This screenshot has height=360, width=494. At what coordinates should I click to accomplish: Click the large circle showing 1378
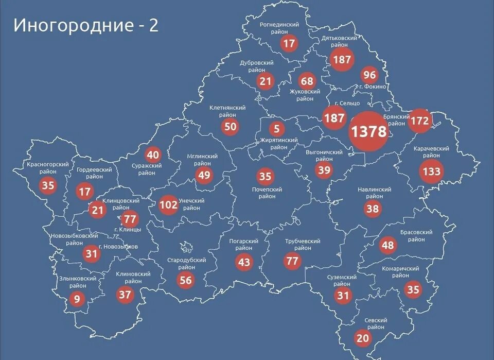(368, 131)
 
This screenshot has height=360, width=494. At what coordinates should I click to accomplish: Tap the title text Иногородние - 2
(86, 25)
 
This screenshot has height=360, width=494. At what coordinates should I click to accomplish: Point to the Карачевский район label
(431, 152)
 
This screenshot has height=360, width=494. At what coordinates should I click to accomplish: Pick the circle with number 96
(369, 75)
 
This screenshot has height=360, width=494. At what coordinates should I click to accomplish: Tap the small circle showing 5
(276, 128)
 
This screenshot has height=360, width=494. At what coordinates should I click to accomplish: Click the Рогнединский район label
(280, 28)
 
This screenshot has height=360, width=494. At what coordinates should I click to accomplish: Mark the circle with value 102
(168, 205)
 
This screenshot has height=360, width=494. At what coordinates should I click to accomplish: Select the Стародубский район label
(186, 264)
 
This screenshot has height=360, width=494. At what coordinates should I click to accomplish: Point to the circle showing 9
(77, 298)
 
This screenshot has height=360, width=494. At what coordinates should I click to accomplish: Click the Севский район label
(376, 323)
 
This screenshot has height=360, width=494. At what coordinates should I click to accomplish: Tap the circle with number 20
(362, 338)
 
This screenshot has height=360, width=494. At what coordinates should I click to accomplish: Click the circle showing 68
(307, 81)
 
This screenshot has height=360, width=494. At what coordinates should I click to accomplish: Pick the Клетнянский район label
(227, 111)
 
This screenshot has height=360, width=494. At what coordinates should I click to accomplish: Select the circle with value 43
(244, 263)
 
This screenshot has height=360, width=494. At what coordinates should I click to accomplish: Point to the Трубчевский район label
(303, 245)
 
